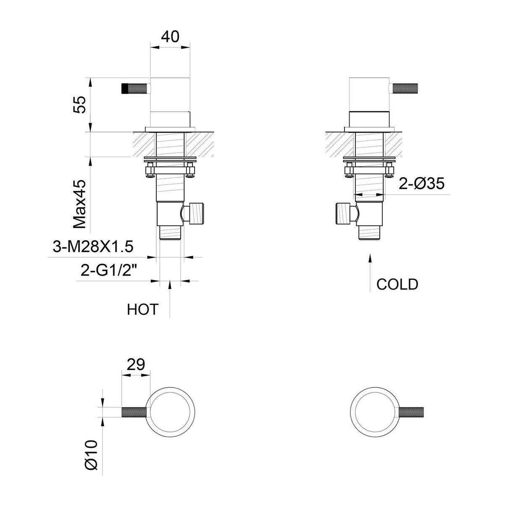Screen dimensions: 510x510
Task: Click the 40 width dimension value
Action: pyautogui.click(x=170, y=37)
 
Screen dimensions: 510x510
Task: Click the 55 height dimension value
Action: pyautogui.click(x=80, y=104)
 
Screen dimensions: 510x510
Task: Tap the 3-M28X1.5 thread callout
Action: pyautogui.click(x=93, y=247)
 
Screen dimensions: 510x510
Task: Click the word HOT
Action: pyautogui.click(x=142, y=310)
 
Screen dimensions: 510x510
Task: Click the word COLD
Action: pyautogui.click(x=397, y=284)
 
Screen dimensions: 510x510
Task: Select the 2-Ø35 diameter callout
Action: pyautogui.click(x=421, y=184)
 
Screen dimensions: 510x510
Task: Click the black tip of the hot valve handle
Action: pyautogui.click(x=125, y=89)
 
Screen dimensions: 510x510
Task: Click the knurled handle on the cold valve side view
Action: pyautogui.click(x=408, y=89)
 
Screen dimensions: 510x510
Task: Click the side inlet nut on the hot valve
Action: pyautogui.click(x=196, y=213)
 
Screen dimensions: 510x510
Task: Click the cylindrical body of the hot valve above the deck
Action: pyautogui.click(x=170, y=95)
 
